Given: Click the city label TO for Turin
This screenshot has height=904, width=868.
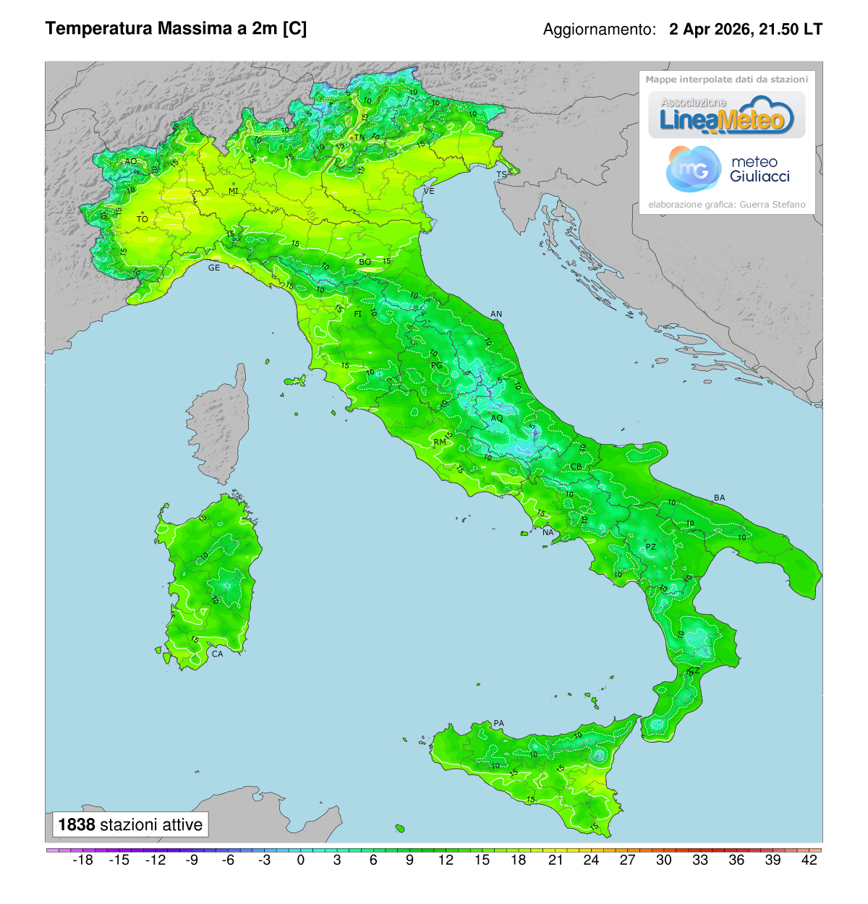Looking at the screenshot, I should [x=142, y=219].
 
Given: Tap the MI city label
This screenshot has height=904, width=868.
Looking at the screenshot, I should [x=234, y=191].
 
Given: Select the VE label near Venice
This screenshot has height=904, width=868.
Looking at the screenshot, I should [x=429, y=191].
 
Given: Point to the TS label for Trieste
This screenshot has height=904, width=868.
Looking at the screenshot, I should [x=501, y=175].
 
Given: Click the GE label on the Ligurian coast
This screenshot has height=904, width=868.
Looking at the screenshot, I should [x=214, y=268].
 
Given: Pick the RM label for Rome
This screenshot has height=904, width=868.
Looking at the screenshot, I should [x=440, y=442].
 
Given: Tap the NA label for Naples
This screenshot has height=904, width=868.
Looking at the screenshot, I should [x=548, y=532].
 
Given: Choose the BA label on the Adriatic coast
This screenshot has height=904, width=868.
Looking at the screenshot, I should [x=719, y=498].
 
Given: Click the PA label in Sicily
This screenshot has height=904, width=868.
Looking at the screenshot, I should [x=498, y=723].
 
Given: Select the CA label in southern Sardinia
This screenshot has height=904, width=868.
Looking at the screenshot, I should [x=217, y=654].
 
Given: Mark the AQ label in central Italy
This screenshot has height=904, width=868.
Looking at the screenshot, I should [x=497, y=418].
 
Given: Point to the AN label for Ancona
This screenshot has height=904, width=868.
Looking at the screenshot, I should [x=496, y=314].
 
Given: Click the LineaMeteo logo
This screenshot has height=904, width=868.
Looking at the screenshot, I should [x=726, y=116].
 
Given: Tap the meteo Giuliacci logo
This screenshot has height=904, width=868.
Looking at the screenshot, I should [x=727, y=169].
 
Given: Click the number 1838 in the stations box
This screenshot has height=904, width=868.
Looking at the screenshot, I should [x=77, y=824].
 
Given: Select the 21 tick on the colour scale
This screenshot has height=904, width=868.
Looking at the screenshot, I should [x=556, y=860].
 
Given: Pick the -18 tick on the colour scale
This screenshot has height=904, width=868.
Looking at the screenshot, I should [x=83, y=860].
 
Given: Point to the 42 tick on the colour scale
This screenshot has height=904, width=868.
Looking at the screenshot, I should [x=809, y=860].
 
